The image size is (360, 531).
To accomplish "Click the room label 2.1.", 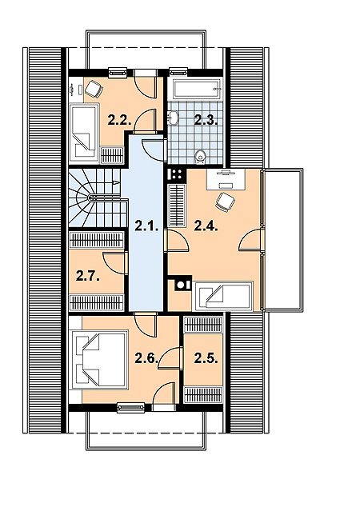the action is (146, 226).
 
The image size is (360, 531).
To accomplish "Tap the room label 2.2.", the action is (119, 120).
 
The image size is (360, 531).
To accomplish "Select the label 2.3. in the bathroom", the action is (206, 120).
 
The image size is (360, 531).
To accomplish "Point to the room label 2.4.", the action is (206, 226).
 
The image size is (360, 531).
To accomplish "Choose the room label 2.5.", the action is (206, 358).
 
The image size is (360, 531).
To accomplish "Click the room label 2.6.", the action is (146, 358).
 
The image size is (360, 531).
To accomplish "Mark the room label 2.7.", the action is (88, 276).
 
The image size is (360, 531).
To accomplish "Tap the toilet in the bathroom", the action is (201, 157).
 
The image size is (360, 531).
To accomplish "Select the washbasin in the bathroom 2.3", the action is (173, 118).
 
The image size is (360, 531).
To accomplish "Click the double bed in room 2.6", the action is (99, 361).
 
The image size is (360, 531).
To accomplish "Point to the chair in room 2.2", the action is (94, 89).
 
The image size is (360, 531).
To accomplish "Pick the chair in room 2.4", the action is (226, 202).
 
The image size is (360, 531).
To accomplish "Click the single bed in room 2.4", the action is (223, 296).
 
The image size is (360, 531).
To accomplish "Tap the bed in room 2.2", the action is (84, 134).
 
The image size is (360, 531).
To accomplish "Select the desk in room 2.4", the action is (226, 179).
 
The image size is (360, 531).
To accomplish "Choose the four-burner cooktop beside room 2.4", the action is (176, 175).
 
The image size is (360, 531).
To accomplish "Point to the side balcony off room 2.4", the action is (282, 240).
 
